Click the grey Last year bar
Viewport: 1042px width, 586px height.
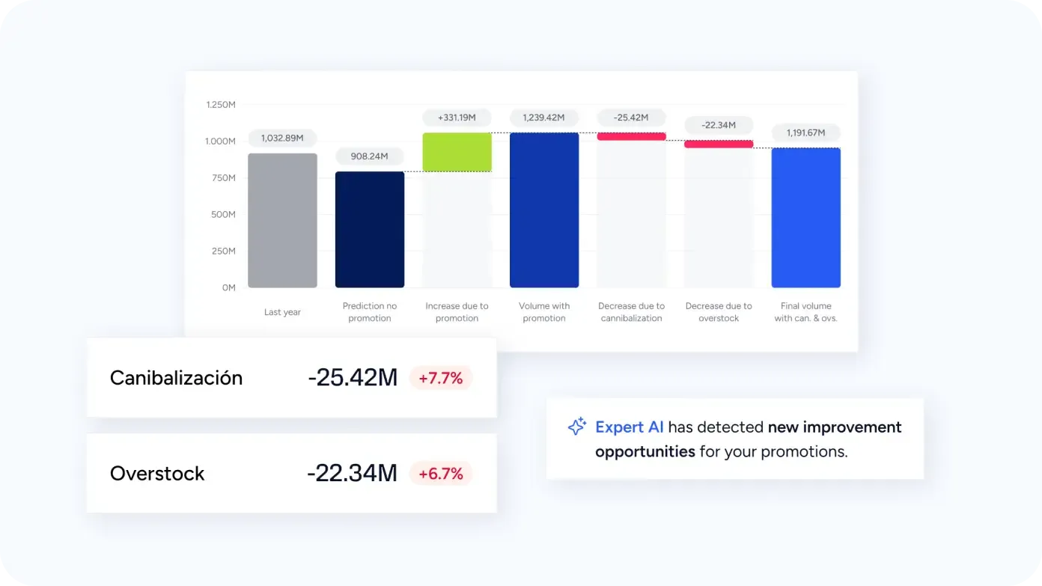pos(282,221)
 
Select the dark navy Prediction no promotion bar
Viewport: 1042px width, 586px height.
pos(370,230)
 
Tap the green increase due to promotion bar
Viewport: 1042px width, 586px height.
pos(457,152)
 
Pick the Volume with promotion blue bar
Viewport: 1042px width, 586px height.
pos(544,210)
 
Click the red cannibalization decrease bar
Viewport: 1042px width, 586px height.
pos(631,136)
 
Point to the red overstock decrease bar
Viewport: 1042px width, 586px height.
pos(719,144)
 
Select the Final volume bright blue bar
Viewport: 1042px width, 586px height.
pos(805,218)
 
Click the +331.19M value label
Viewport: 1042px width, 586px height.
pos(457,117)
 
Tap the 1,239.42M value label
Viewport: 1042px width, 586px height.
pos(544,117)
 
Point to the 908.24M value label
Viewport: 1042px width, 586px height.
pos(370,156)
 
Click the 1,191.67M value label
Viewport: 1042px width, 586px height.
pos(805,132)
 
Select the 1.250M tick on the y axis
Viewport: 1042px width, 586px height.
pos(221,105)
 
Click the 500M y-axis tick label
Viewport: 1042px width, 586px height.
pos(223,215)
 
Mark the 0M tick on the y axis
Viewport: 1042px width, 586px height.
pos(228,287)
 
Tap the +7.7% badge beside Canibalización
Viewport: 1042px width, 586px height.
pos(441,378)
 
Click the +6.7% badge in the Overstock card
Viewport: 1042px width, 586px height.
pos(441,474)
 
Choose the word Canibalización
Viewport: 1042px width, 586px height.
pos(176,378)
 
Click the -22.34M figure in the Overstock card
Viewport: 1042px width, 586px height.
pos(352,474)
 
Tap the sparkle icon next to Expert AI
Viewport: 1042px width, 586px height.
pos(576,427)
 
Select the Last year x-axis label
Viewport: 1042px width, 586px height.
pos(282,312)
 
